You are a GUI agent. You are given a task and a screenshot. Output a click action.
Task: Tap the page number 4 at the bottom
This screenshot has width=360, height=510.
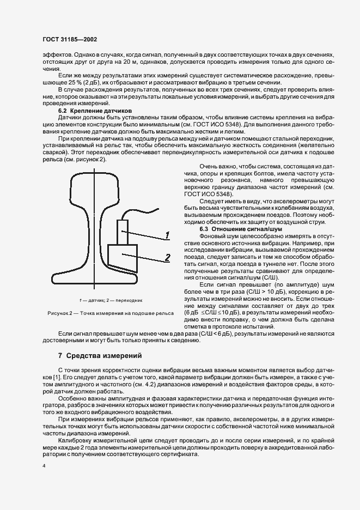[x=44, y=467]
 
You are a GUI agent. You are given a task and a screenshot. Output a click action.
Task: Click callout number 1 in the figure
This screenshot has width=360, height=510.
[x=168, y=235]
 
